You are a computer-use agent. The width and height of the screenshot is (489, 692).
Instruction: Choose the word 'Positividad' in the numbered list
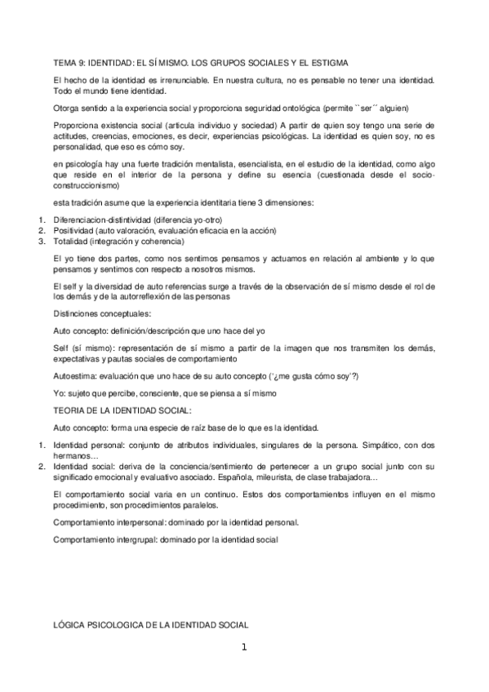click(x=73, y=231)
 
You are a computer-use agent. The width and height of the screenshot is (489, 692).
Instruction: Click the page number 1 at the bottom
click(x=243, y=648)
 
